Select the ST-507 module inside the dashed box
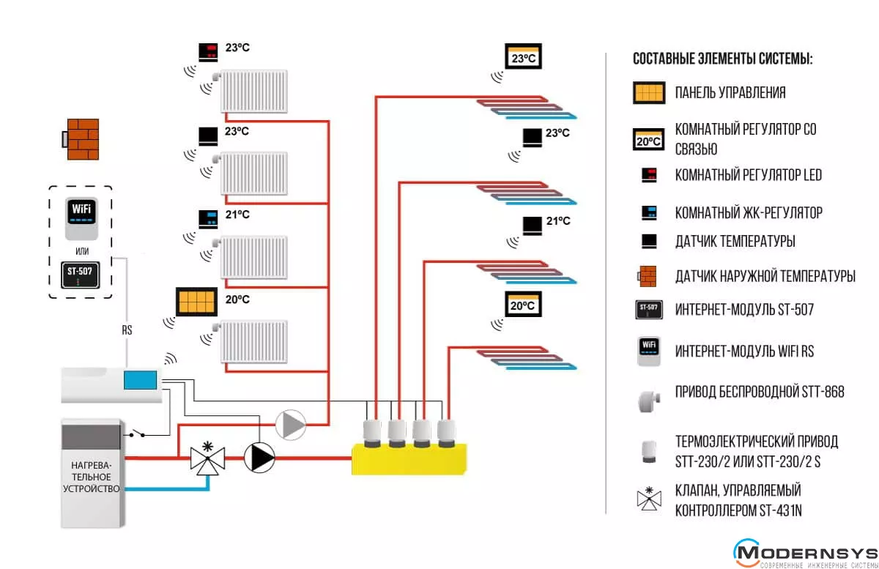80,276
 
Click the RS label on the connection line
127,330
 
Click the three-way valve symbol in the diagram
207,458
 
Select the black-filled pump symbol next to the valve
259,458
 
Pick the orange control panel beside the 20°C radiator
196,302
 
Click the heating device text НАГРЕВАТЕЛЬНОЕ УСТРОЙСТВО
92,477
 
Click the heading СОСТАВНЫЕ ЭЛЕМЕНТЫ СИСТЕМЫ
722,59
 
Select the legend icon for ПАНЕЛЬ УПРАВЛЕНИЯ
648,93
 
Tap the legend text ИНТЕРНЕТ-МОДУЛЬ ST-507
744,310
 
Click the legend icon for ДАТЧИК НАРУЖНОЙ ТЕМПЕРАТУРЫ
648,276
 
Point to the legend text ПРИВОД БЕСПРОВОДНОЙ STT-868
760,393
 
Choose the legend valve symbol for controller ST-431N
648,499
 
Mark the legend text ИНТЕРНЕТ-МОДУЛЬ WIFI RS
744,352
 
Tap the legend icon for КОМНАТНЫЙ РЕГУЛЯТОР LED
649,175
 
